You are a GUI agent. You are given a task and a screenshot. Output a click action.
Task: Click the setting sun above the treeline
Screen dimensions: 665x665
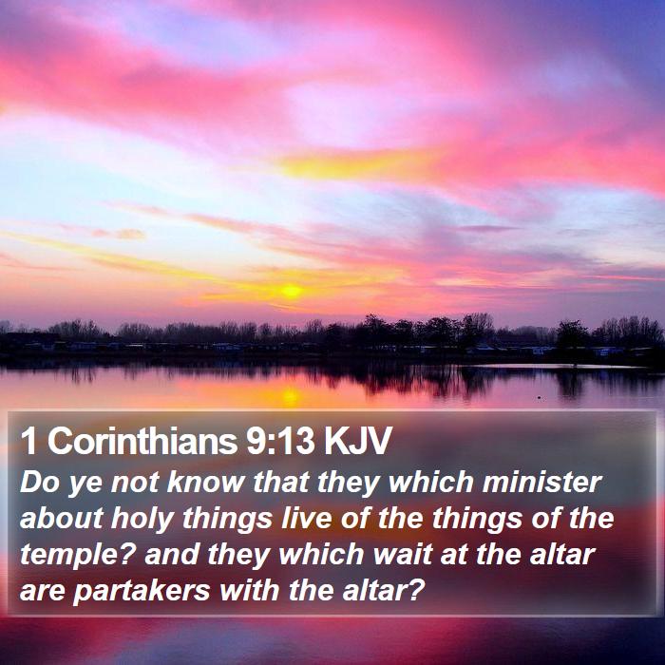tap(292, 291)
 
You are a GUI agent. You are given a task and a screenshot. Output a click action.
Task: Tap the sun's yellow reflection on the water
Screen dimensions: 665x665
tap(291, 396)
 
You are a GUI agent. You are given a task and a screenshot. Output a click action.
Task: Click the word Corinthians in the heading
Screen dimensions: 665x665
tap(142, 441)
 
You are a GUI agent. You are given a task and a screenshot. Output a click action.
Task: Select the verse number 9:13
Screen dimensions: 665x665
tap(281, 441)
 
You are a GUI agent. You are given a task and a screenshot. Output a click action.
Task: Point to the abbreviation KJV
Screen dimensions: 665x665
tap(357, 441)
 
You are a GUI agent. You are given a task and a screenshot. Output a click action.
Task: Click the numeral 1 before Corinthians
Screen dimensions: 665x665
tap(28, 441)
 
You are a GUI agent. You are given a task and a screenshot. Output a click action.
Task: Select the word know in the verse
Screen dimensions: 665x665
tap(206, 483)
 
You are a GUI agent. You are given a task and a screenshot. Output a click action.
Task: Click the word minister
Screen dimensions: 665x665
tap(541, 483)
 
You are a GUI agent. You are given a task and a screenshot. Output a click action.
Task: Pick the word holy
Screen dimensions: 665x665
tap(142, 519)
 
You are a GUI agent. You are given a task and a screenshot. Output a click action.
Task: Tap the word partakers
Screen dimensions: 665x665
tap(142, 591)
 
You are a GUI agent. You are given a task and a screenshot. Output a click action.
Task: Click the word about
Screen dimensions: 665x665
tap(62, 518)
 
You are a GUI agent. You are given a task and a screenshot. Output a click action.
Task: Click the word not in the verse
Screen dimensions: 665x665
tap(135, 483)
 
